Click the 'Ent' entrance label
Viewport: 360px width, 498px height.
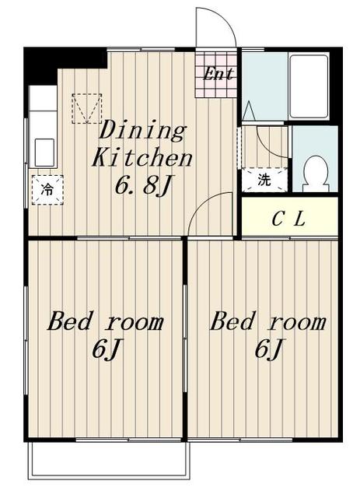(x=218, y=74)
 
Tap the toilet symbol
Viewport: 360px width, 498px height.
(x=315, y=174)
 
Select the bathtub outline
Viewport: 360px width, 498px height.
(x=309, y=86)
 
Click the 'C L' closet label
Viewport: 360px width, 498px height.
(x=288, y=219)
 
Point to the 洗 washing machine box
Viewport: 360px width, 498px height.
(x=264, y=180)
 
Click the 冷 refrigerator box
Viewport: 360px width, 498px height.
(x=47, y=190)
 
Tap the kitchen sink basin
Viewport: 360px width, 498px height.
(x=44, y=153)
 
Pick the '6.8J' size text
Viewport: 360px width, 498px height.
(x=144, y=185)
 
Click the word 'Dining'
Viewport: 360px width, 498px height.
(x=142, y=130)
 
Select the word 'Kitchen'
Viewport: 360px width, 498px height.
(x=142, y=157)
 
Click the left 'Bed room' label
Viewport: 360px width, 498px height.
(x=106, y=321)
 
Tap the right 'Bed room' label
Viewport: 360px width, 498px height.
(x=268, y=321)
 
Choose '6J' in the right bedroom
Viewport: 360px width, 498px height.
(x=268, y=349)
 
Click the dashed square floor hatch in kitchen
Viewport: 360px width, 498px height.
(x=86, y=108)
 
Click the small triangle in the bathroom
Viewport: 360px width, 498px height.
(x=249, y=110)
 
